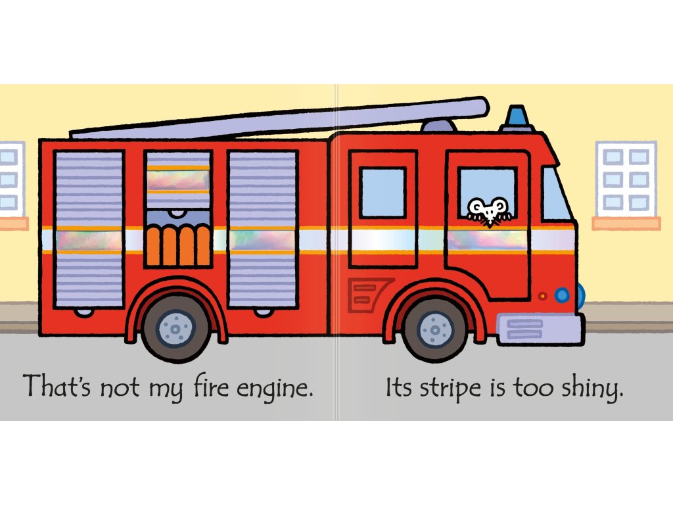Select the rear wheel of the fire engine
coord(175,327)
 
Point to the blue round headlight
coord(561,295)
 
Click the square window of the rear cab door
coord(383,193)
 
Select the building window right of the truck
coord(625,178)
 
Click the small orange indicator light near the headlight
coord(542,296)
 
